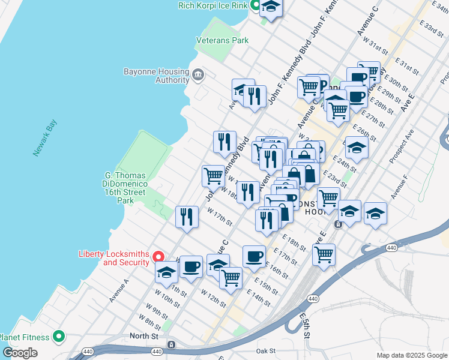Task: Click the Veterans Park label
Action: click(222, 41)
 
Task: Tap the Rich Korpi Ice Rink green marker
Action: click(255, 5)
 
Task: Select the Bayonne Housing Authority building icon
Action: click(197, 76)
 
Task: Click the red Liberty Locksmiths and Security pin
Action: click(159, 256)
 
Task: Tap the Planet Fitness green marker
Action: click(59, 336)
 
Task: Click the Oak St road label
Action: click(265, 350)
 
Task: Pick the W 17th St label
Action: click(220, 217)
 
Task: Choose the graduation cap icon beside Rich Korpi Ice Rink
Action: click(271, 7)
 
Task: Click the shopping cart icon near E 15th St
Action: click(231, 278)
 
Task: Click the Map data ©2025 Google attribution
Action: click(411, 355)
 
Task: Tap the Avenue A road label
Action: click(119, 290)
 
